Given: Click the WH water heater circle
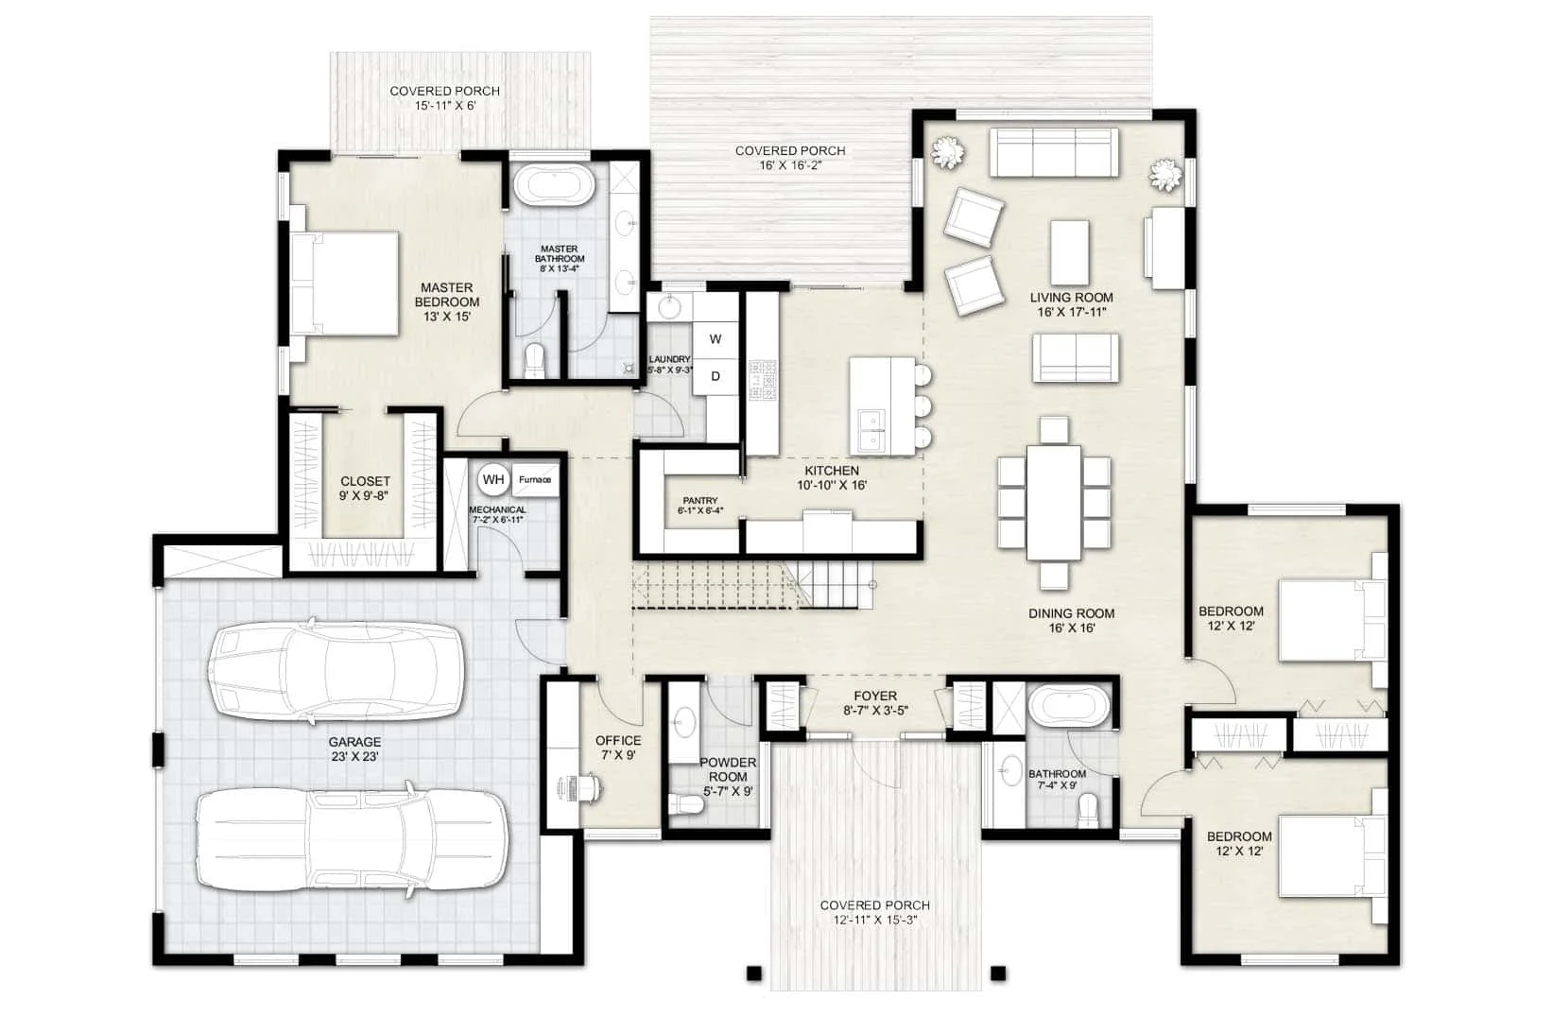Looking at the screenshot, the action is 493,479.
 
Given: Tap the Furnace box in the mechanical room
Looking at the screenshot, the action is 535,479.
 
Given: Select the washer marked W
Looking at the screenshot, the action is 715,339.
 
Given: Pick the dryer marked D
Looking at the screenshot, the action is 715,377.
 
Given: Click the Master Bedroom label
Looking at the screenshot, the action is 447,302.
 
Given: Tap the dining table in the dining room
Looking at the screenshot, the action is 1054,502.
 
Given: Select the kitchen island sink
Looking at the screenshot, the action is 871,430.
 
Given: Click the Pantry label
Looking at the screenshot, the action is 699,505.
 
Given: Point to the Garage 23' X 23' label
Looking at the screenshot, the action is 354,749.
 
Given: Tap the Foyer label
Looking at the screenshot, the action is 875,702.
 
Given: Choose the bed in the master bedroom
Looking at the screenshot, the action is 344,284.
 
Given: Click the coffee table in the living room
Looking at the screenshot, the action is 1069,252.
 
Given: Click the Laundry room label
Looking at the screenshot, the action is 670,365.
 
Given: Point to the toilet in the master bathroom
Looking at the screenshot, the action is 534,361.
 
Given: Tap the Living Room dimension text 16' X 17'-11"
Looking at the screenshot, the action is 1071,313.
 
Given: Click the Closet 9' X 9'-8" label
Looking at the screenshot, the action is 365,488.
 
